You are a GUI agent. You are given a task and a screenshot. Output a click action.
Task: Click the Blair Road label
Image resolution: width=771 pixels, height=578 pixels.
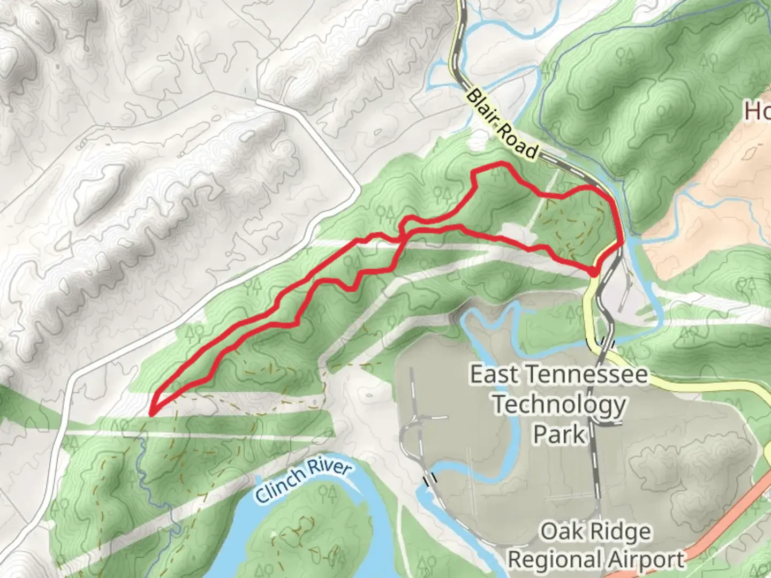(502, 125)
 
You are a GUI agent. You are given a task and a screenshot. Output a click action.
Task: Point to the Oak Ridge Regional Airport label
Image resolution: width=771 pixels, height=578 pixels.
(596, 545)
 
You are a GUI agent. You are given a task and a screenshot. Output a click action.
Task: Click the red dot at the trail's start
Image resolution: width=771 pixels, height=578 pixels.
(593, 272)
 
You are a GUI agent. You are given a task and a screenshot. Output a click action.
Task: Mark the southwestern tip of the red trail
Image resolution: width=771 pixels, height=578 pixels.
(152, 413)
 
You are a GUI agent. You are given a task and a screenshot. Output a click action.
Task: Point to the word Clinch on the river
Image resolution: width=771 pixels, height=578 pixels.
(278, 490)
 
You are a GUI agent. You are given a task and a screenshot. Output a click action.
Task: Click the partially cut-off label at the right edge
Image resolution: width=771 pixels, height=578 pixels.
(758, 111)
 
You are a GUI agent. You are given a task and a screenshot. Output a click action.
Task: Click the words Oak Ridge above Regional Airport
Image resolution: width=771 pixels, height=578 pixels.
(596, 531)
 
